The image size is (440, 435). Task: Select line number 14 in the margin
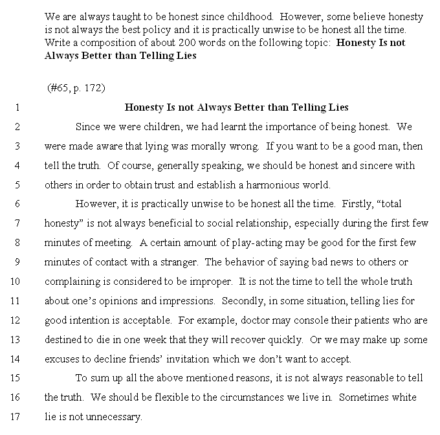pyautogui.click(x=16, y=359)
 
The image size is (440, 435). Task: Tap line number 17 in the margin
pyautogui.click(x=16, y=417)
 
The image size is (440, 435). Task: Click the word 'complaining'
pyautogui.click(x=71, y=282)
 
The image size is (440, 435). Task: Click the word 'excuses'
pyautogui.click(x=62, y=359)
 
